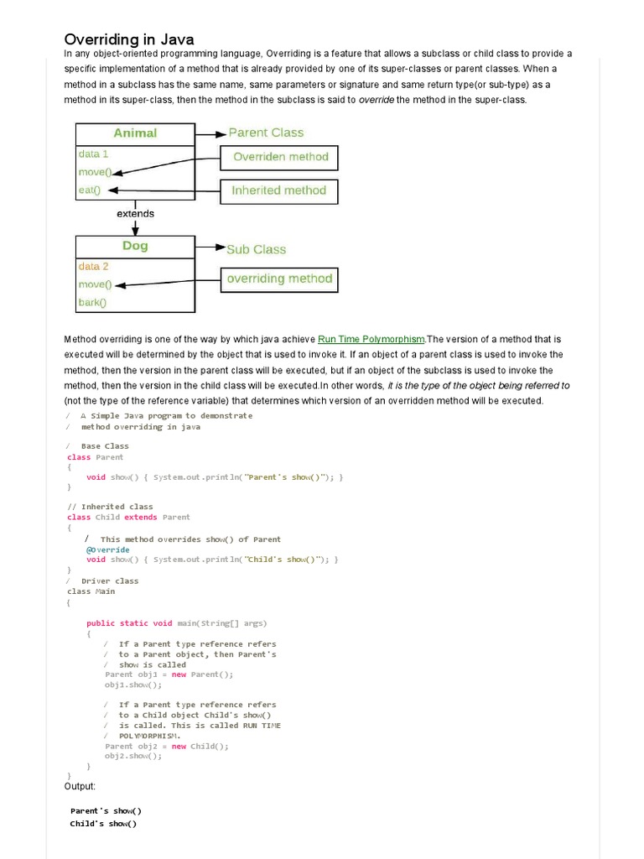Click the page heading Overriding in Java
coord(129,39)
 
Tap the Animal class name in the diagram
coord(135,133)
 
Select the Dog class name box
coord(135,246)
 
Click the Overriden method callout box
coord(280,157)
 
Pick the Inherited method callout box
coord(279,190)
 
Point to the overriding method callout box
coord(279,279)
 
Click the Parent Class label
coord(266,133)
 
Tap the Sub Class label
coord(256,249)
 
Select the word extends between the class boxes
coord(135,213)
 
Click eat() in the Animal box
coord(89,190)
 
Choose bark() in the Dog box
coord(92,303)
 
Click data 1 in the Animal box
coord(93,154)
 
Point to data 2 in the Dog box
coord(93,267)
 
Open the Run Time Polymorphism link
coord(371,339)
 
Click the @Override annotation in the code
coord(107,549)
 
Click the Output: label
coord(80,786)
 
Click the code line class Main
coord(91,591)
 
